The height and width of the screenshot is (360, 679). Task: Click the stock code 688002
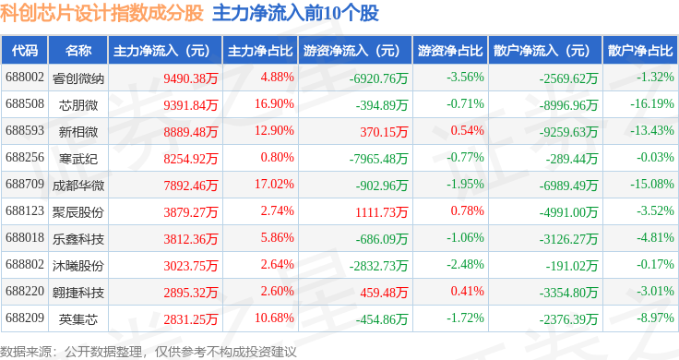tap(25, 78)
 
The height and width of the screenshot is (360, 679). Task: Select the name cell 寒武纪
tap(78, 159)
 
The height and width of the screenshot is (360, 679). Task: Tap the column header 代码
tap(25, 50)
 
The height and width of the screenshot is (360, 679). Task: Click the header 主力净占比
tap(260, 50)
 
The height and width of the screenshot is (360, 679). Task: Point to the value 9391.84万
tap(191, 105)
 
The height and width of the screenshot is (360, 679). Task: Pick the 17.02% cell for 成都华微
tap(274, 184)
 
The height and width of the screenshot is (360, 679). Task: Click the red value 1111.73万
tap(382, 211)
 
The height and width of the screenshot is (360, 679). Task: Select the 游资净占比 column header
tap(450, 50)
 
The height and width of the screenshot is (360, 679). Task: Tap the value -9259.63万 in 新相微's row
tap(568, 132)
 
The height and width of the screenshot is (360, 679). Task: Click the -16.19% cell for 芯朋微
tap(652, 104)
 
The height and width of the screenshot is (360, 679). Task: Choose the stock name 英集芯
tap(78, 319)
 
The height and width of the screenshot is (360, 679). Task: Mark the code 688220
tap(25, 291)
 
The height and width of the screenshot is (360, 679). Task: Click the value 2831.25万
tap(191, 319)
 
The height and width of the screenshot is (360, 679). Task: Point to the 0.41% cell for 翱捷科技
tap(467, 291)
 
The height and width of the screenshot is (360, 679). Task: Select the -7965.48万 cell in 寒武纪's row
tap(378, 159)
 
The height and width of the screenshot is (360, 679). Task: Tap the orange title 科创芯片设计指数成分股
tap(101, 13)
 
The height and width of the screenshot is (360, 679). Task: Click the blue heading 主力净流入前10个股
tap(296, 13)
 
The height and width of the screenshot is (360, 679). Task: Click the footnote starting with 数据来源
tap(149, 352)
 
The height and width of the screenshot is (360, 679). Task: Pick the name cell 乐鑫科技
tap(78, 239)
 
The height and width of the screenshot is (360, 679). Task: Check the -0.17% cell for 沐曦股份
tap(655, 264)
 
